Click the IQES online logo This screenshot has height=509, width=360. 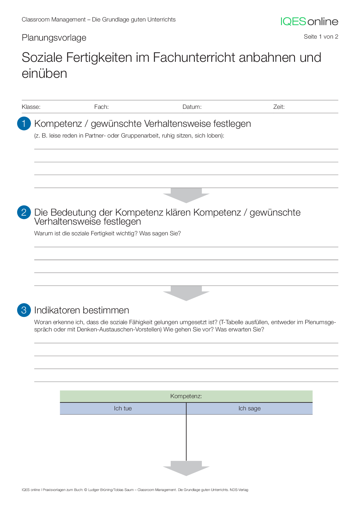309,21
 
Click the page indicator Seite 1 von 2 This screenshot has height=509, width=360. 321,37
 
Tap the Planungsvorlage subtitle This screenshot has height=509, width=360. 54,38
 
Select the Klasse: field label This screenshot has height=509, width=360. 31,107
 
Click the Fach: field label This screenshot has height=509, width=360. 101,107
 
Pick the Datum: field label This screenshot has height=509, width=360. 192,107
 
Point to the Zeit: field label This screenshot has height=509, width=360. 279,107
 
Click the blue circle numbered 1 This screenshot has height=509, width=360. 24,123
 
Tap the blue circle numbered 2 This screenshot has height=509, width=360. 24,212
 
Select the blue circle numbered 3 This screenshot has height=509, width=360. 24,310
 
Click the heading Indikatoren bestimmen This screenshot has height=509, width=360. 82,310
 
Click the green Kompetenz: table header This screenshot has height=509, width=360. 186,396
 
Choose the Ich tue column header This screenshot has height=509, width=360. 123,408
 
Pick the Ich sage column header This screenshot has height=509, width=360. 249,408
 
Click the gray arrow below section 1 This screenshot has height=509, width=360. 186,195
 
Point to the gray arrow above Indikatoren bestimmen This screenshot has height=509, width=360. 186,293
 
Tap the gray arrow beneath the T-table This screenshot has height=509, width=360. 186,468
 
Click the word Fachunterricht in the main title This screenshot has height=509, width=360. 194,57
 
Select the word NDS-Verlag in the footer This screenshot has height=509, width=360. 239,490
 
